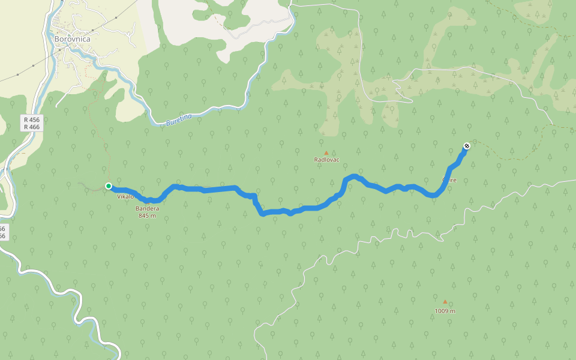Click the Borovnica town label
(72, 39)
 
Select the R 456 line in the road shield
(31, 120)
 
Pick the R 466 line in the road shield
(31, 127)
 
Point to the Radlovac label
(327, 160)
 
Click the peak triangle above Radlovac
(326, 152)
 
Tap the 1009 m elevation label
(445, 311)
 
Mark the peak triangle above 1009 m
(445, 302)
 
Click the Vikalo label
(125, 197)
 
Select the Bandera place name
(147, 208)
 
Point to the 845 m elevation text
(147, 215)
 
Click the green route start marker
(109, 186)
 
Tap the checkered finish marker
(466, 146)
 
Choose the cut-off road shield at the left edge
(2, 232)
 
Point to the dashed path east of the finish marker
(510, 157)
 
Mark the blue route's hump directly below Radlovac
(353, 176)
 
